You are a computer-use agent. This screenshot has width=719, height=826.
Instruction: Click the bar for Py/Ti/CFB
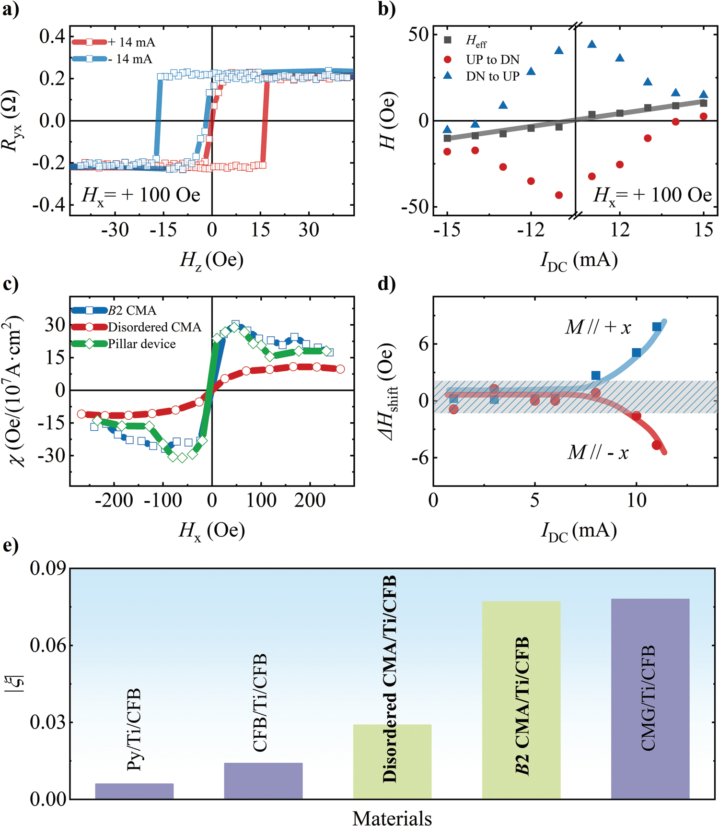click(134, 791)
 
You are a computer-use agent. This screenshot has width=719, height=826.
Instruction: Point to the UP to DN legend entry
click(492, 60)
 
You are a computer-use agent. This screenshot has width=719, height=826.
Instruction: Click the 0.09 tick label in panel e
click(47, 568)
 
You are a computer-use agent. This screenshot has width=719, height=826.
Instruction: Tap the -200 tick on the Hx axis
click(114, 501)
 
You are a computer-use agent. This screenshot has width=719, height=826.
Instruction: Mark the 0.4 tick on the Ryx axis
click(52, 36)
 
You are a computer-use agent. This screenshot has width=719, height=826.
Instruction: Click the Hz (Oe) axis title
click(211, 260)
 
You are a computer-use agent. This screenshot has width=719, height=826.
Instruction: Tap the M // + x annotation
click(597, 328)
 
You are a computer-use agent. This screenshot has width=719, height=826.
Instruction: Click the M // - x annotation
click(598, 452)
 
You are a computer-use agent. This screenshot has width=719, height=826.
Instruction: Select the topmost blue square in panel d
click(657, 327)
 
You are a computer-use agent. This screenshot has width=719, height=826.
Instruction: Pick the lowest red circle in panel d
click(657, 445)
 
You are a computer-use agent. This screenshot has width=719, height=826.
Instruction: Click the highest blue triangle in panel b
click(592, 44)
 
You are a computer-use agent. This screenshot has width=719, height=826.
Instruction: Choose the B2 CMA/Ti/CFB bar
click(521, 700)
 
